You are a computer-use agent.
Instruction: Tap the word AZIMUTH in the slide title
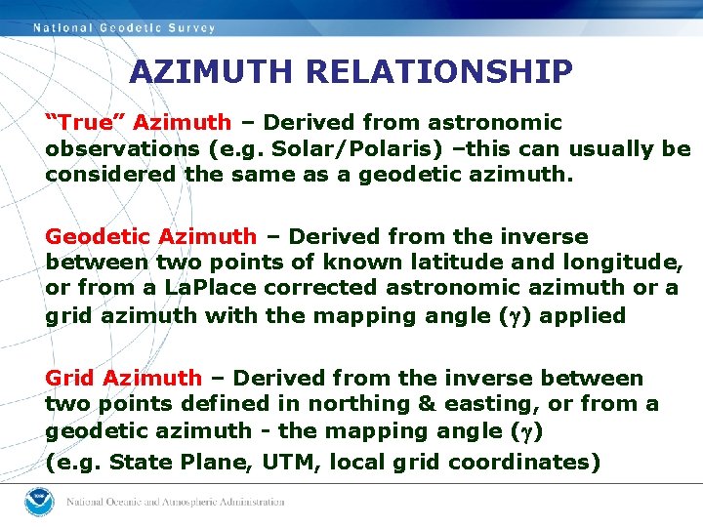212,71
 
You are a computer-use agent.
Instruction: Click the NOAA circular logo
40,502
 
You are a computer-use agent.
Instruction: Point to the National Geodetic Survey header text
125,28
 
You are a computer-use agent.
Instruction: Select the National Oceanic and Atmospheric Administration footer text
176,503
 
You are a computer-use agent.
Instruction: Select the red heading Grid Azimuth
124,379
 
